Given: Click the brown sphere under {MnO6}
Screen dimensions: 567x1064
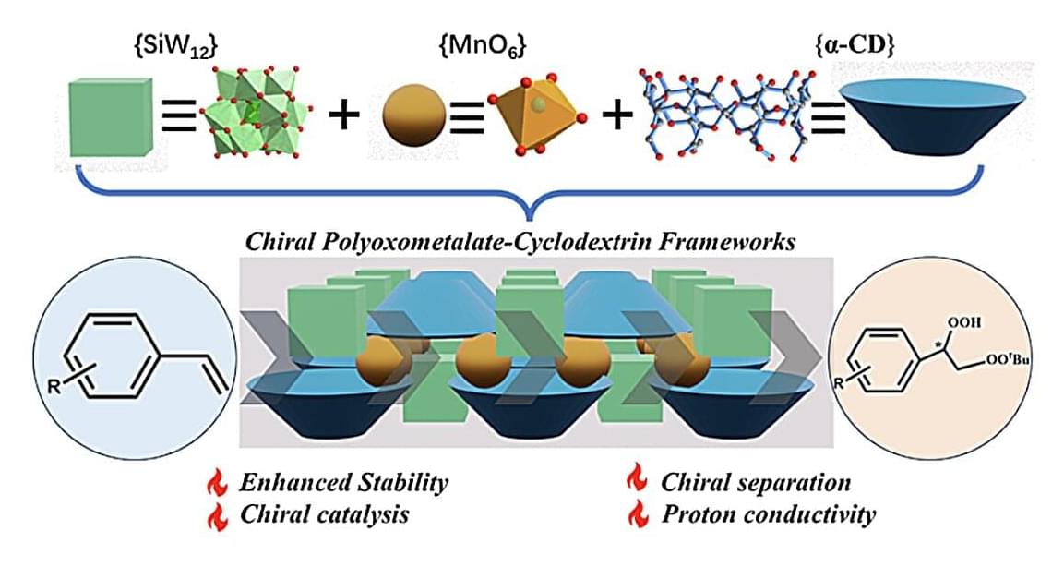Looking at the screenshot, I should tap(414, 118).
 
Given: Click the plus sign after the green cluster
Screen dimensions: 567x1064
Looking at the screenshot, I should tap(342, 116).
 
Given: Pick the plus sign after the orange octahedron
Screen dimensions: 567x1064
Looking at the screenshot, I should tap(616, 117).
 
